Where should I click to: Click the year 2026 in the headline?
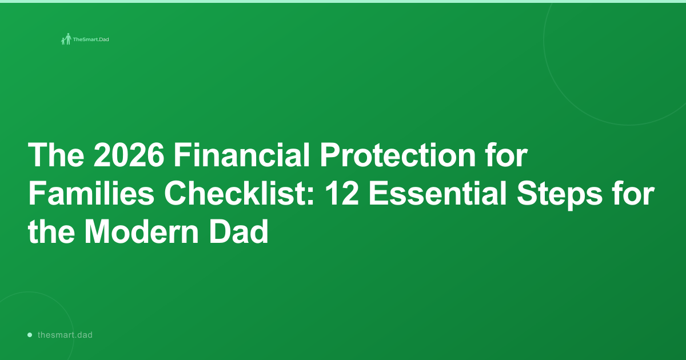click(129, 155)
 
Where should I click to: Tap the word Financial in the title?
click(242, 155)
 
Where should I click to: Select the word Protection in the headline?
click(398, 155)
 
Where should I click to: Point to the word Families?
click(91, 193)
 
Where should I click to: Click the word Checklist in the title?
click(235, 193)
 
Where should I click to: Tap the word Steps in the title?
click(560, 195)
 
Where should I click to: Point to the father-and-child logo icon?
click(66, 39)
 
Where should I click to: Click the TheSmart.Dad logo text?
click(91, 39)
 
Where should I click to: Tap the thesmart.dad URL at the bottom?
click(65, 335)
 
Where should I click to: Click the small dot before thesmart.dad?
click(30, 335)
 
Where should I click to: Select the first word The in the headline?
click(56, 155)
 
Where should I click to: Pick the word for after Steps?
click(633, 193)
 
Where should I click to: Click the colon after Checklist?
click(310, 197)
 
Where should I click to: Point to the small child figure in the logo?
click(63, 41)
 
